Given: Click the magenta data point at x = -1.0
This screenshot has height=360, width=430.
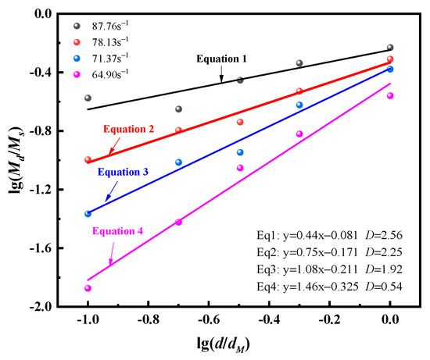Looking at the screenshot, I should (x=88, y=288).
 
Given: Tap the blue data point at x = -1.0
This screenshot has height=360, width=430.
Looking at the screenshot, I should (x=88, y=213).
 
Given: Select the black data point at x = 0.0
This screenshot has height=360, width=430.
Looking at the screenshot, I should (x=390, y=48).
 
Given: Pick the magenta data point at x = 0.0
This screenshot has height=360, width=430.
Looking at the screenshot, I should (x=390, y=96).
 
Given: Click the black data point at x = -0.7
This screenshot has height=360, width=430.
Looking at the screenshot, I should (x=178, y=109).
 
